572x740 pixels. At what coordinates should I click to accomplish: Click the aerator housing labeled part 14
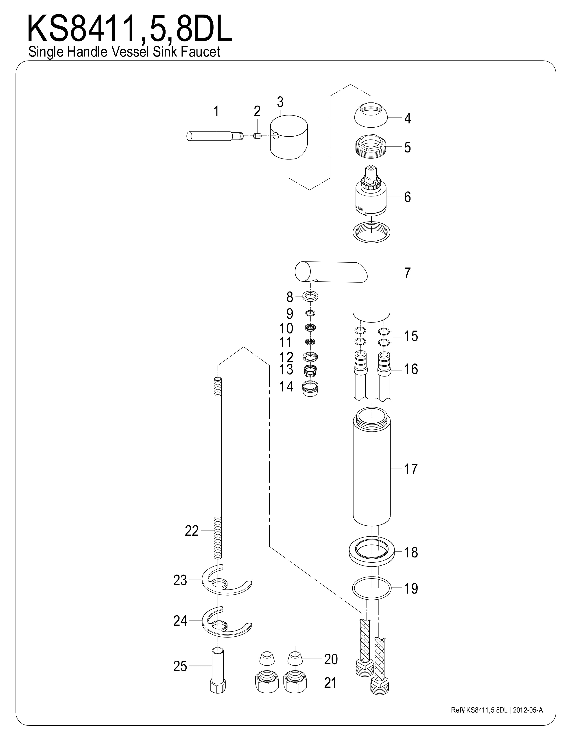(310, 387)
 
